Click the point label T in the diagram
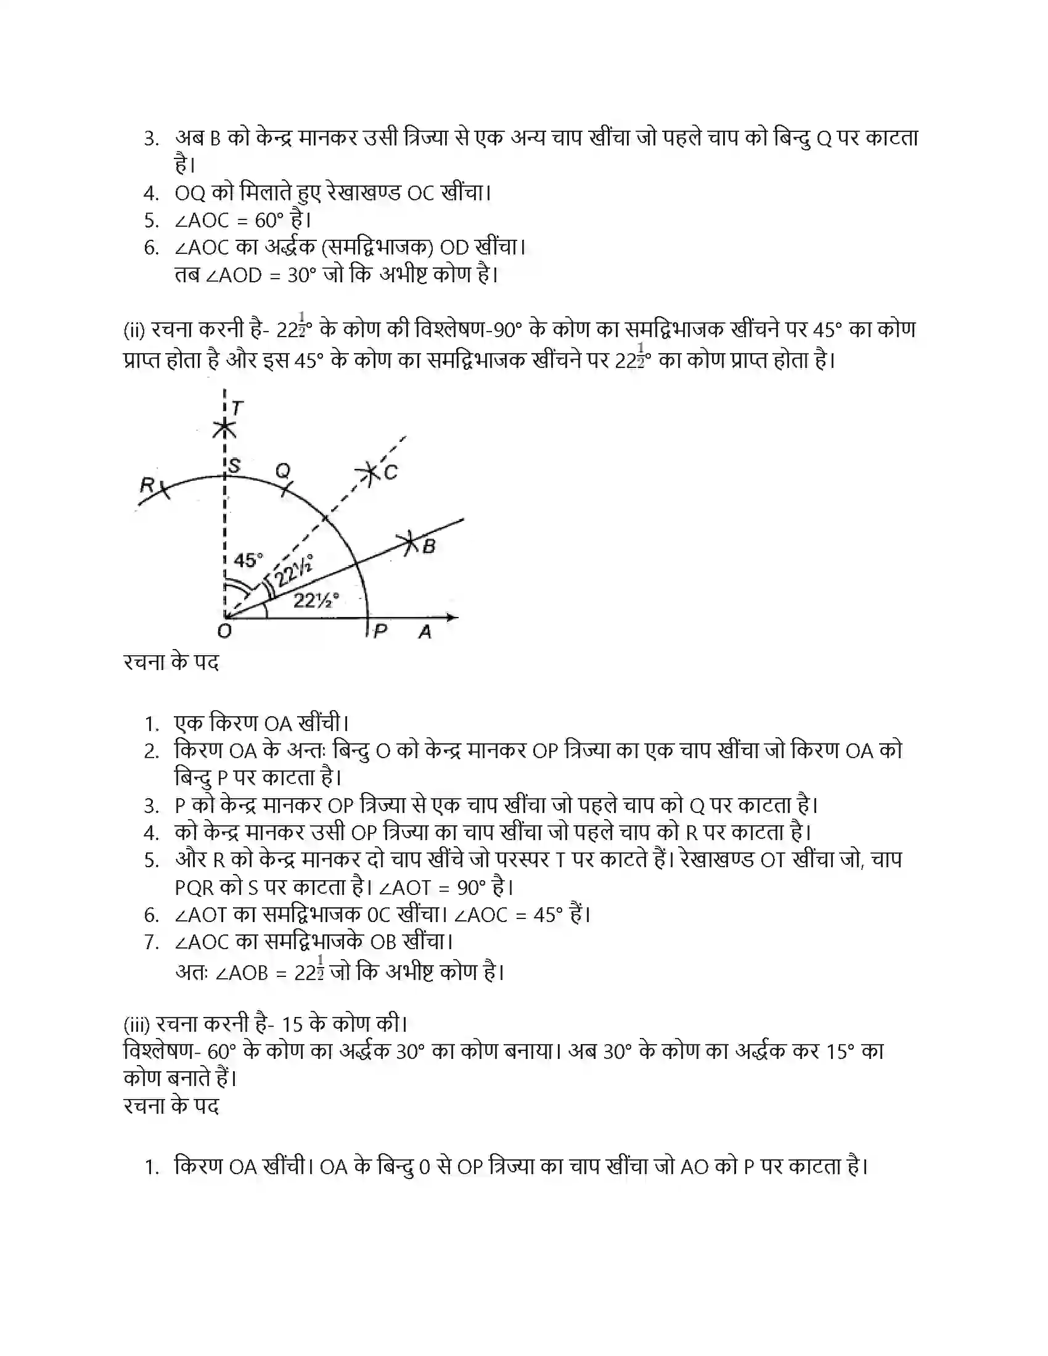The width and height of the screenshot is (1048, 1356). tap(237, 408)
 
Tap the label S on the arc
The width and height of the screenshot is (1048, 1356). tap(234, 465)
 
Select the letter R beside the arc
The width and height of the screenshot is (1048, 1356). tap(147, 484)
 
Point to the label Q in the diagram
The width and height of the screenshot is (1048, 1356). tap(282, 471)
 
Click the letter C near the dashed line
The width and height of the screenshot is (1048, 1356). tap(390, 473)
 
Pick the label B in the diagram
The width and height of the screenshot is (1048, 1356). tap(428, 546)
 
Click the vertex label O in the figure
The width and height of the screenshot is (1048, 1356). tap(224, 631)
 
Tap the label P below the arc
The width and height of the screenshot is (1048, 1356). tap(380, 631)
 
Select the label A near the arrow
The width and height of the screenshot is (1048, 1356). tap(425, 632)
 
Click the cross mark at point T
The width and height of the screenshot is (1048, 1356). tap(224, 427)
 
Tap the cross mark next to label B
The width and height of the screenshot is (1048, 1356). tap(409, 542)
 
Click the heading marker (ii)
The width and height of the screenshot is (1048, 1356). tap(134, 330)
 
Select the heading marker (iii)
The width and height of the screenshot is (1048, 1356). tap(136, 1024)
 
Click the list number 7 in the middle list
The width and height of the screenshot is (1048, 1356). tap(151, 942)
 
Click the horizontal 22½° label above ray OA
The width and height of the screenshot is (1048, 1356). tap(316, 600)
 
